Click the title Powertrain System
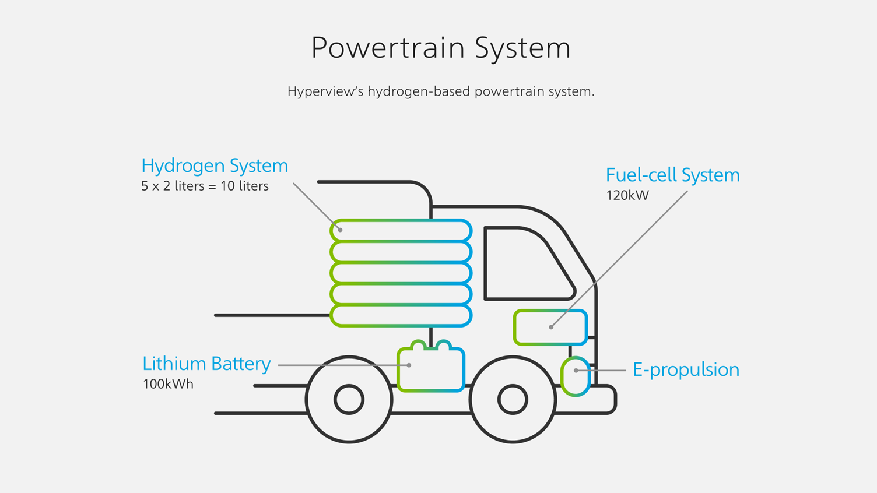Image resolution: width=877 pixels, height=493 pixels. pos(440,48)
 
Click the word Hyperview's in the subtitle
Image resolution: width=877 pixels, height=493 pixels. pos(325,91)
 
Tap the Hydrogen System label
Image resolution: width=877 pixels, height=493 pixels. pos(215,165)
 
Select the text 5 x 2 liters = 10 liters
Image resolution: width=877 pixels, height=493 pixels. pos(205,186)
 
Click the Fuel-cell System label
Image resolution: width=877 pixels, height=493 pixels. pos(672,175)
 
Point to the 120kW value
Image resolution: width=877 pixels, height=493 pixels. pos(627,195)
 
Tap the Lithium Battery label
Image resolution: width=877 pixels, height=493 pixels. pos(206,364)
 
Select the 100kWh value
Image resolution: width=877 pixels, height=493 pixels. pos(168,384)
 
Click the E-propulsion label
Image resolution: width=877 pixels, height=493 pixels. pos(686,369)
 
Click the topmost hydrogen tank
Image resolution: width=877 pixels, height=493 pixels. pos(401,230)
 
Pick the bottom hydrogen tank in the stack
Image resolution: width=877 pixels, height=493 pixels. pos(401,315)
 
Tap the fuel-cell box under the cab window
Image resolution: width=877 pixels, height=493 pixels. pos(550,328)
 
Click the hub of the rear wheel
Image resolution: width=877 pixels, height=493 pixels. pos(349,400)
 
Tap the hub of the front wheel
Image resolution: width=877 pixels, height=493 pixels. pos(513,400)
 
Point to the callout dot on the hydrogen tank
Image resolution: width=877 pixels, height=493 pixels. pos(340,230)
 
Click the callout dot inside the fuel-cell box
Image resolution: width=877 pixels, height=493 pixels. pos(551,327)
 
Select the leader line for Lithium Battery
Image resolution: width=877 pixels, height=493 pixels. pos(344,365)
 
